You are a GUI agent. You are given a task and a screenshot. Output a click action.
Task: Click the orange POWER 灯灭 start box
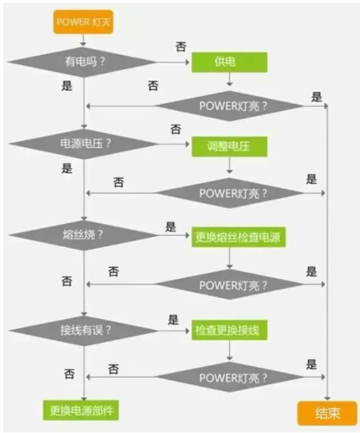coord(82,23)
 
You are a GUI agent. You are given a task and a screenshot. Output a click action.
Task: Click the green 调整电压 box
coord(229,145)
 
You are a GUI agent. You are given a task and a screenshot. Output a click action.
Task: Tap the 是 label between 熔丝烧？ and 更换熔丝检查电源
coord(171,227)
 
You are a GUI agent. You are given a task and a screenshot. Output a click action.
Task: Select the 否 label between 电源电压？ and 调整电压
coord(175,130)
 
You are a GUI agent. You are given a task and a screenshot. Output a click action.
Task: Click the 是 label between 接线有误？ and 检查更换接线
coord(173,320)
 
